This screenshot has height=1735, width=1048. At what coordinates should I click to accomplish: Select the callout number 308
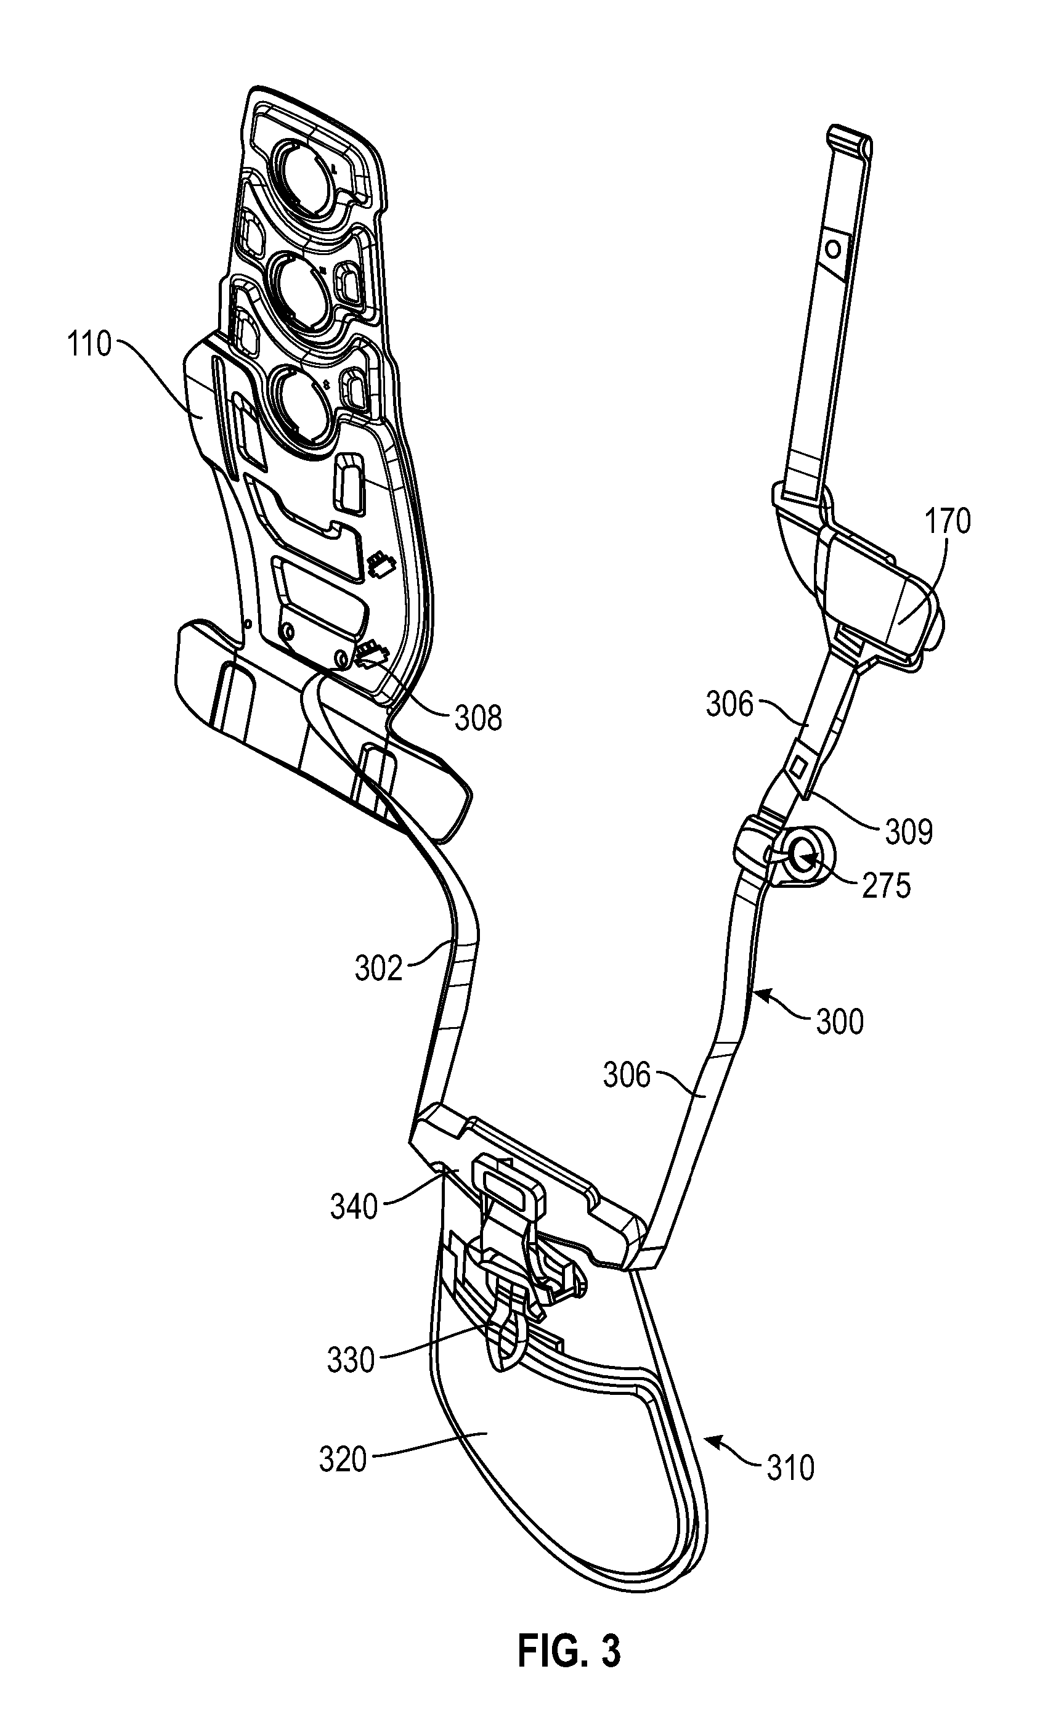tap(478, 718)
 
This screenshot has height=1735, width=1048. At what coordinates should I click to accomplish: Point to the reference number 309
tap(909, 832)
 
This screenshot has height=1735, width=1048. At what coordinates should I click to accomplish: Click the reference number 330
tap(351, 1360)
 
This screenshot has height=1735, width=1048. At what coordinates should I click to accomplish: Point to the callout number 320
tap(343, 1460)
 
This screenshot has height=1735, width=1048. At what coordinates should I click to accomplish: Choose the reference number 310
tap(790, 1468)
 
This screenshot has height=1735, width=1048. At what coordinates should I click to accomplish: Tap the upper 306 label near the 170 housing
tap(729, 704)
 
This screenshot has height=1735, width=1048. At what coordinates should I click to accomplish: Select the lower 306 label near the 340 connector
tap(627, 1075)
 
